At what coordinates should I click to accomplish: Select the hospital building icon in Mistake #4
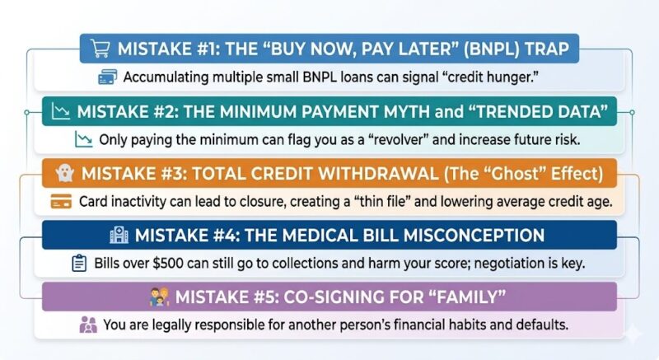[119, 236]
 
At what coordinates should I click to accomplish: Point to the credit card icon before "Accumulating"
[107, 77]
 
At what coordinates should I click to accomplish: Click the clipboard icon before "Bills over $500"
[79, 264]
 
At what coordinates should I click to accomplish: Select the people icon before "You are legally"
[88, 325]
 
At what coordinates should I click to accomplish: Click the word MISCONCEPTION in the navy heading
[462, 236]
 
